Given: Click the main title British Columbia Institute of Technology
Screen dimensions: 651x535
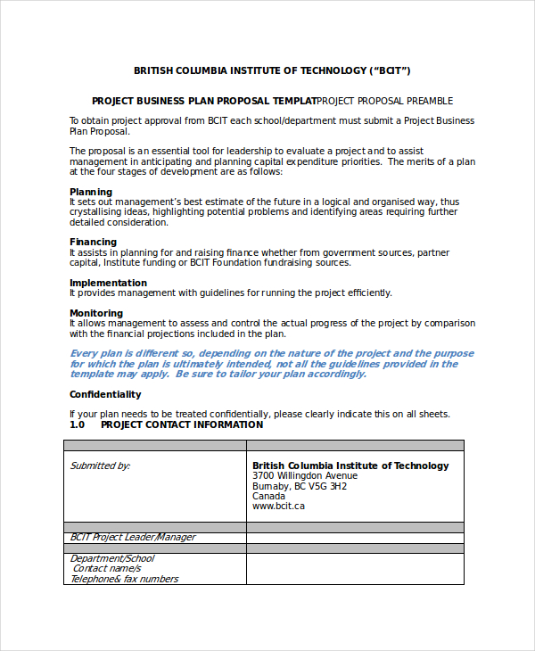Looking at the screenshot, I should click(272, 70).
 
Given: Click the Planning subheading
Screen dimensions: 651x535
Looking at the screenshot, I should click(91, 192).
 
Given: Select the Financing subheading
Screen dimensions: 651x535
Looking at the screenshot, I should click(93, 242).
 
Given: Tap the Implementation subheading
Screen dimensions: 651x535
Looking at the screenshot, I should click(109, 283).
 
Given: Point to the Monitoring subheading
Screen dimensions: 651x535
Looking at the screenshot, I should click(96, 313).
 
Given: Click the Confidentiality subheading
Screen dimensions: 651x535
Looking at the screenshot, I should click(105, 394).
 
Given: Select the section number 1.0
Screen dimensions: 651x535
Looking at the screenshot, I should click(77, 424).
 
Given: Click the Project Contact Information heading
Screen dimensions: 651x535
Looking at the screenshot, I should click(182, 424).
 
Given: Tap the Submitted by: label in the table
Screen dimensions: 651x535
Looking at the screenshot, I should click(100, 466).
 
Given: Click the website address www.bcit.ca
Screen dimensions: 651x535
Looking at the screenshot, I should click(278, 506).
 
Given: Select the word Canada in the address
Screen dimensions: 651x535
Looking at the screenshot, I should click(269, 496).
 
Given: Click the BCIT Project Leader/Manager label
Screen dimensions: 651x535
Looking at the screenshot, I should click(133, 537).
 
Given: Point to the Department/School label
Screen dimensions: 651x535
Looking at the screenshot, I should click(112, 558).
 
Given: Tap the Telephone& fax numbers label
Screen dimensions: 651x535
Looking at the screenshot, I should click(124, 579).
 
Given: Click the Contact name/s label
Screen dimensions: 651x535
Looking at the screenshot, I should click(106, 568).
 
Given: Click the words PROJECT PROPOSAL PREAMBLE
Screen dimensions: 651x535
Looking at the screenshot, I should click(385, 101).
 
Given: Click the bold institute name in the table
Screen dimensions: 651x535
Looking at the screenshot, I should click(350, 466).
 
